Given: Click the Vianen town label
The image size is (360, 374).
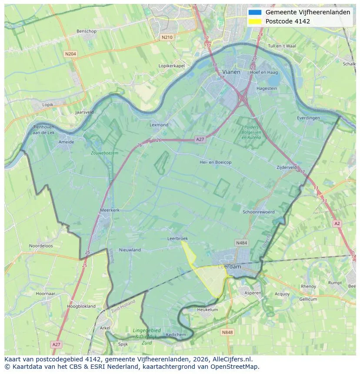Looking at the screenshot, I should point(231,72).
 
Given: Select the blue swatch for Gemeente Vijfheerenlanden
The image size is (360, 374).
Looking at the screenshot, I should point(255,12).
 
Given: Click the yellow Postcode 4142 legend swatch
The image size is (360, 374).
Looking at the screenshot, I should point(255,21).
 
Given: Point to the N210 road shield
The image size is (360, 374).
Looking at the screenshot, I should point(167,37).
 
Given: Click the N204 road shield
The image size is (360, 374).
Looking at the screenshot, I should point(70,54).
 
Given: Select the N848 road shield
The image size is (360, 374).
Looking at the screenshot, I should point(227,332).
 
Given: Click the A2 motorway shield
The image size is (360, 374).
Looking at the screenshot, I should point(337,223).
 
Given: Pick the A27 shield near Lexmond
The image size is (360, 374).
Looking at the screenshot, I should point(200,139).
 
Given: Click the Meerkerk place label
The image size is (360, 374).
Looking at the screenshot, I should point(110,210).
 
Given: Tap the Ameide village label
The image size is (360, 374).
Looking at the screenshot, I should point(66,142).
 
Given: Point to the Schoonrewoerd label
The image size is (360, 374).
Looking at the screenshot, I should point(259,212).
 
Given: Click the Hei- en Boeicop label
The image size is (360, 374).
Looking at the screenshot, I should point(215,162).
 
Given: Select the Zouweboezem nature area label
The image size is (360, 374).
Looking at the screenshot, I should point(104,153).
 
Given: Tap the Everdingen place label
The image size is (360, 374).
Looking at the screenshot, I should point(308,118).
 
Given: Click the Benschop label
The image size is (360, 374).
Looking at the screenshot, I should point(86,31).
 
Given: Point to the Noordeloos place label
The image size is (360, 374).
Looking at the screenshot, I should point(41,246).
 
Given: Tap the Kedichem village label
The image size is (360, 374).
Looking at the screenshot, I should point(176,334).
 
